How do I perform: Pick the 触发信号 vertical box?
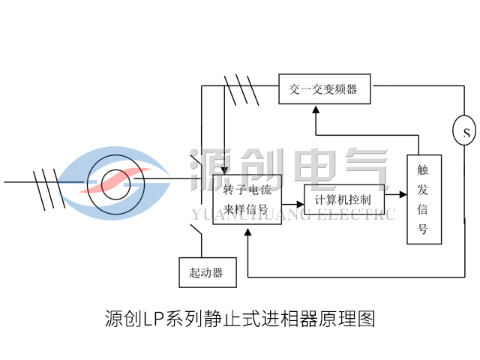point(424,199)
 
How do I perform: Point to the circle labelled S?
point(465,133)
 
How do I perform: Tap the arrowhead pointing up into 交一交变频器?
point(316,109)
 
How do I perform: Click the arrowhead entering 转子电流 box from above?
point(225,170)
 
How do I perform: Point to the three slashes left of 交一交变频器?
point(241,89)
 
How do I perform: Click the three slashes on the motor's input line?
point(46,182)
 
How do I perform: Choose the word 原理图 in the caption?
point(347,319)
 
